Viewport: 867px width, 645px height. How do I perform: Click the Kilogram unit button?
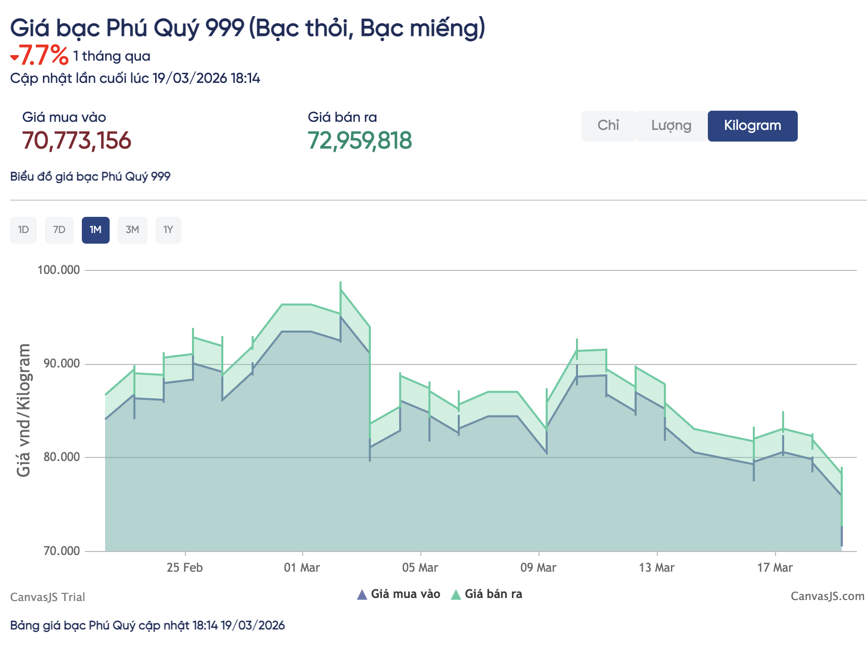point(752,126)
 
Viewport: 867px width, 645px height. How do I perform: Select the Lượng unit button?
point(671,126)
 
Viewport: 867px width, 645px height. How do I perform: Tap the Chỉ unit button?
point(608,126)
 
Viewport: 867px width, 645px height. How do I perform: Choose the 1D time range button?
point(23,230)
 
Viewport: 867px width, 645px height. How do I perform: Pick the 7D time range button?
point(59,230)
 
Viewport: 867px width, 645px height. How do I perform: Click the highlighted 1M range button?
point(95,230)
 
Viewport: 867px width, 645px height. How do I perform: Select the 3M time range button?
point(132,230)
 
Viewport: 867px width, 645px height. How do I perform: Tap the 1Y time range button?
point(168,230)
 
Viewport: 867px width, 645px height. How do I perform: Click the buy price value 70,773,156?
point(77,141)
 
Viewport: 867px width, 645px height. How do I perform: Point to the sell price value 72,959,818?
point(360,141)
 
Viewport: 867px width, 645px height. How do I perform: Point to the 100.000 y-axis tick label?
point(59,270)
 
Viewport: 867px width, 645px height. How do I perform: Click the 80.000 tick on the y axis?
point(62,457)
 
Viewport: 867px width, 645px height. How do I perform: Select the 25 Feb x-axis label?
point(184,568)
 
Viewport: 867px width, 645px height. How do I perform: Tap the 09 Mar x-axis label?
point(538,568)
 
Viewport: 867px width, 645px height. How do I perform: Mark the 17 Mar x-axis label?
point(775,568)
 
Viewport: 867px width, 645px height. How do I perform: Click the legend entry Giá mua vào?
point(399,594)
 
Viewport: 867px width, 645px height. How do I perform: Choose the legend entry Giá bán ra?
point(487,594)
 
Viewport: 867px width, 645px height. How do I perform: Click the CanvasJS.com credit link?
point(827,596)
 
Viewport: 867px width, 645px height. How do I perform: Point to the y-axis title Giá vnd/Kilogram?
point(23,410)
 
